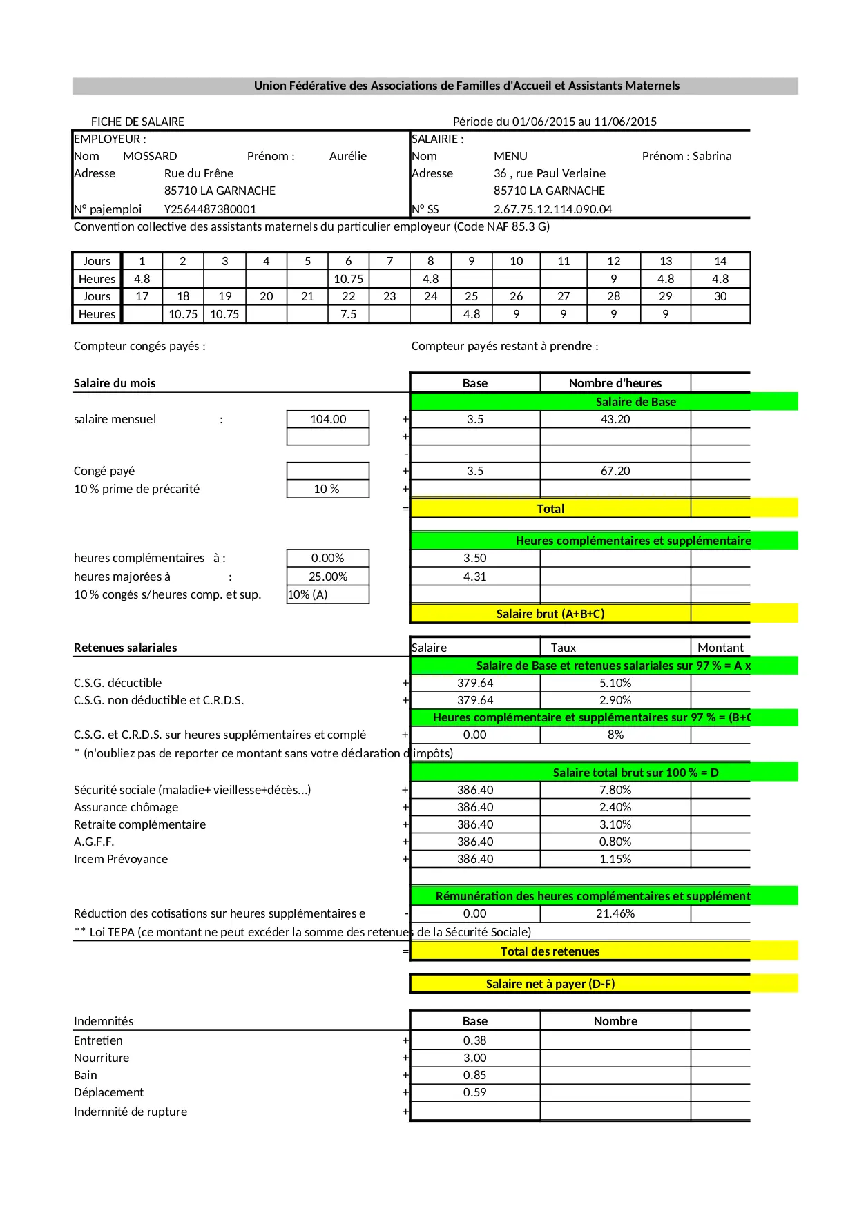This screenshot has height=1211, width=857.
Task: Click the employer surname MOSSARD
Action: coord(150,156)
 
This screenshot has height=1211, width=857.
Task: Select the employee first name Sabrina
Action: coord(712,156)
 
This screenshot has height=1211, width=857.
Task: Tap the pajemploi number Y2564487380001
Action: coord(210,209)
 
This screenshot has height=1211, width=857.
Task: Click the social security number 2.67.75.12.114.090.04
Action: coord(552,209)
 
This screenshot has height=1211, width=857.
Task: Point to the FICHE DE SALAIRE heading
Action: coord(137,122)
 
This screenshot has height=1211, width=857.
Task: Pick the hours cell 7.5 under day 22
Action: coord(348,314)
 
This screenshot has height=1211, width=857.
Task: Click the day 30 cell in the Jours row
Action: coord(720,296)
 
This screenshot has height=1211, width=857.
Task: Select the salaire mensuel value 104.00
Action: coord(328,419)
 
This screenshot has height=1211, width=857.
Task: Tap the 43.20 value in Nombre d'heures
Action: coord(615,419)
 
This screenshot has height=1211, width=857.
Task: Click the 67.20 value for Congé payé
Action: coord(615,471)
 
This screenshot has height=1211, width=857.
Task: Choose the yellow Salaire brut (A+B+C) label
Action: coord(550,614)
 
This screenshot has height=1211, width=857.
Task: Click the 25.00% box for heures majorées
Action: coord(328,577)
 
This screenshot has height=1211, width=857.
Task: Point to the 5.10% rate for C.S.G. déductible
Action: coord(615,683)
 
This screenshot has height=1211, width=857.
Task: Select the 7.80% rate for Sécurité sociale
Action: coord(615,790)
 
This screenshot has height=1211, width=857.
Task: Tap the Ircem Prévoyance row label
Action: coord(121,859)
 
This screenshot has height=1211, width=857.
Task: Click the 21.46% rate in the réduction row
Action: coord(615,913)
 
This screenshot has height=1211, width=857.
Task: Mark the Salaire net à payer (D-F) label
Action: coord(550,984)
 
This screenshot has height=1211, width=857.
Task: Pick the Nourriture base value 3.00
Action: coord(474,1058)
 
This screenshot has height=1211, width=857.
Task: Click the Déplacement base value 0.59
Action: coord(474,1092)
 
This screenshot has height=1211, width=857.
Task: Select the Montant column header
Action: coord(720,648)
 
